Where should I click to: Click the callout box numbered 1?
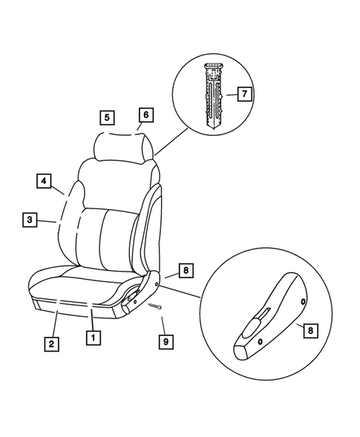point(93,338)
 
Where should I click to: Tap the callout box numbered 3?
point(29,220)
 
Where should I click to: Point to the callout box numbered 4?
point(45,180)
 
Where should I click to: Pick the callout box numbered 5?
point(108,117)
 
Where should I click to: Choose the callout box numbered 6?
point(145,114)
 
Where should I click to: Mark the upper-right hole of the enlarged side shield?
point(304,300)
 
